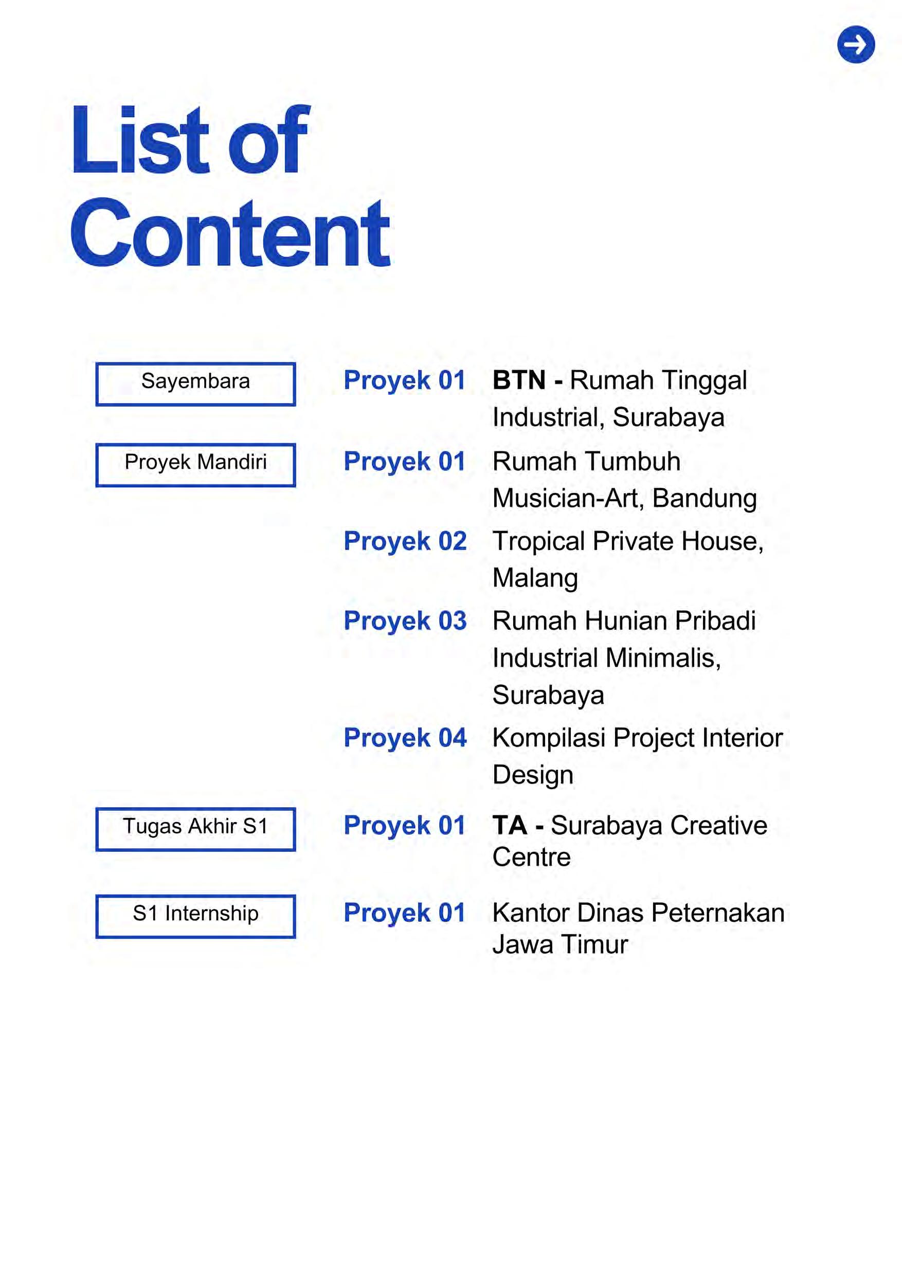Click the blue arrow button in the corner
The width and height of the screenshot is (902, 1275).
855,44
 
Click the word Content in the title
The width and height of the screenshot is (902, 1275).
230,233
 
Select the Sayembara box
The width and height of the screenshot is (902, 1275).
195,384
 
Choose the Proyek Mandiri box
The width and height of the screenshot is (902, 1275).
195,465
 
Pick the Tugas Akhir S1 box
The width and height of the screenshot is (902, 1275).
195,829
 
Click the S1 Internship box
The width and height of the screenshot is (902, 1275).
195,916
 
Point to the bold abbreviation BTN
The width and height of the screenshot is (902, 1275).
519,381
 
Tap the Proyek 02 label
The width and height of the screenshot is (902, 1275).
405,541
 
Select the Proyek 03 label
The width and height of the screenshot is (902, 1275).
405,621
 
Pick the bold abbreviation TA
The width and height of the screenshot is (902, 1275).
509,826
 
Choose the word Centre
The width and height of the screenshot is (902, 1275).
531,858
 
